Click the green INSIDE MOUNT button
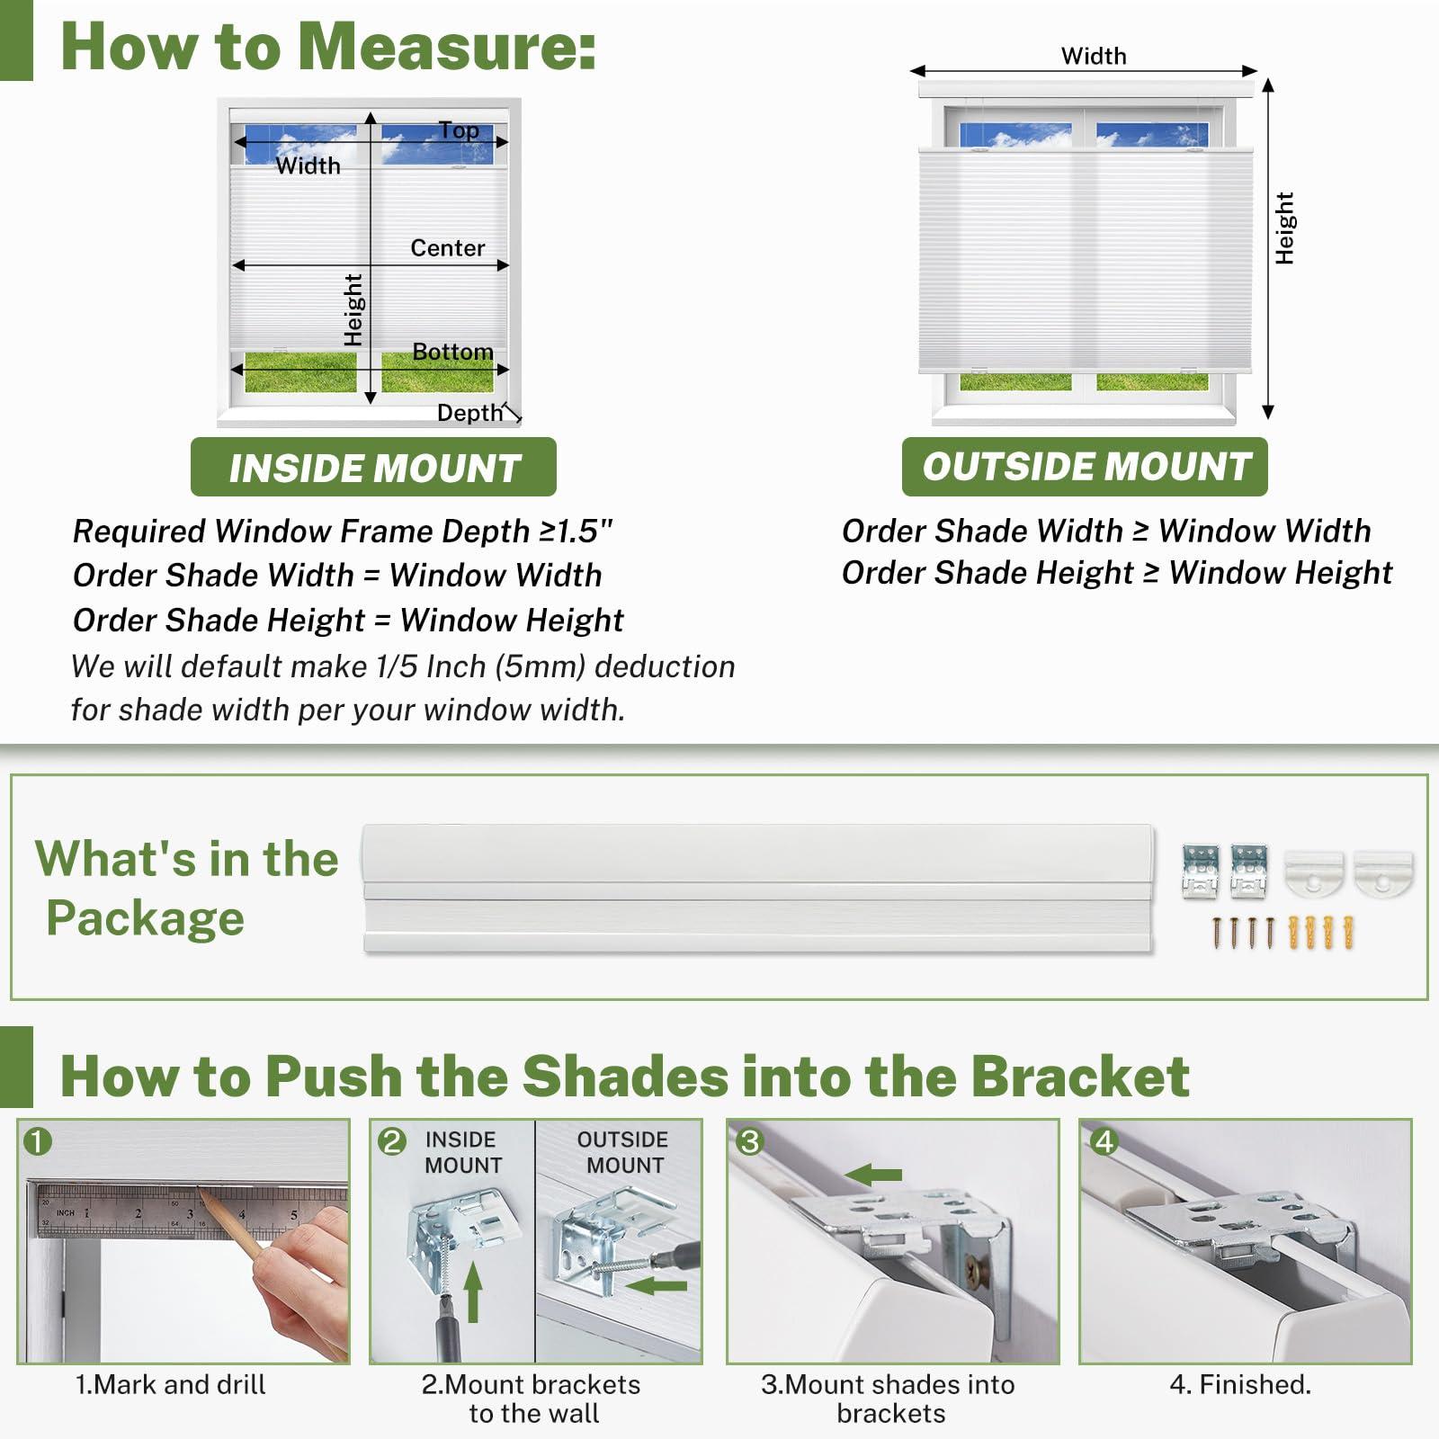[x=373, y=467]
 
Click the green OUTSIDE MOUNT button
[x=1085, y=466]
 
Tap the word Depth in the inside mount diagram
[x=469, y=413]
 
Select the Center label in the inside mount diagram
[x=447, y=247]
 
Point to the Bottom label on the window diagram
[x=452, y=352]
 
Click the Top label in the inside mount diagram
[x=459, y=130]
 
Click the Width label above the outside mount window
[x=1094, y=56]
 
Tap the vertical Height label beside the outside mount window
[x=1284, y=228]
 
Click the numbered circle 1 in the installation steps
[x=38, y=1141]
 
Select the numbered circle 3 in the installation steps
[x=749, y=1141]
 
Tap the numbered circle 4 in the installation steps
[x=1104, y=1141]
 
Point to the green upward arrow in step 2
[x=473, y=1292]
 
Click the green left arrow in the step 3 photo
[x=873, y=1174]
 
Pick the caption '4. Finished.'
[x=1240, y=1384]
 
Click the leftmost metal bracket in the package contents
[x=1201, y=871]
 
